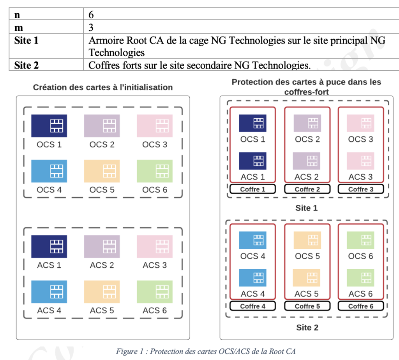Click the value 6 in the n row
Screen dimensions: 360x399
coord(91,15)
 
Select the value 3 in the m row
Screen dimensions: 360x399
coord(91,28)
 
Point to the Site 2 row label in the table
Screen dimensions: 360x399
coord(26,65)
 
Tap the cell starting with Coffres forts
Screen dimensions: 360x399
coord(199,65)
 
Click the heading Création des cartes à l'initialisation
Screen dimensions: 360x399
coord(103,87)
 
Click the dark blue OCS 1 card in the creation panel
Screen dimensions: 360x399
coord(49,126)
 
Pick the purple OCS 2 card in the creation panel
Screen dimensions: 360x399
coord(102,126)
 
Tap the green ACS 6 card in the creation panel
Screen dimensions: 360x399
coord(155,292)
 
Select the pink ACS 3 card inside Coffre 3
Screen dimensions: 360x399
coord(360,161)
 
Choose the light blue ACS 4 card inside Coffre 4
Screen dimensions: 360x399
coord(252,278)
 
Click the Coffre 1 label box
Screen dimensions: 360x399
coord(252,189)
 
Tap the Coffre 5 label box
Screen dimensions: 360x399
coord(307,306)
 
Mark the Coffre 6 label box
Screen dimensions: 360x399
coord(360,306)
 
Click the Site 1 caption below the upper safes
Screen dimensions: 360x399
coord(306,208)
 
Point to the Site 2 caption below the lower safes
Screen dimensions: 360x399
coord(307,327)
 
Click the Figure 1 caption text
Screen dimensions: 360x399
coord(205,351)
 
